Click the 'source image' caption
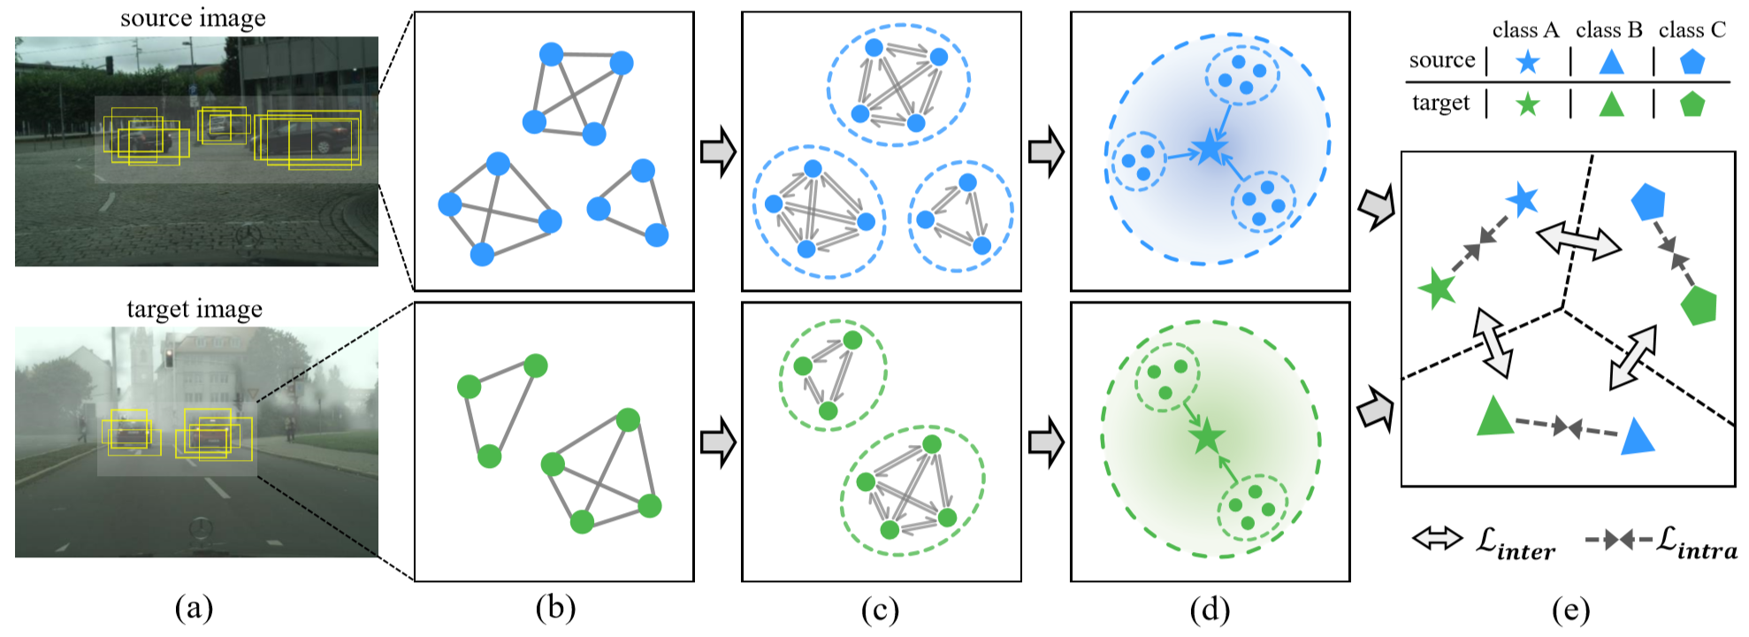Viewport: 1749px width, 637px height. tap(193, 19)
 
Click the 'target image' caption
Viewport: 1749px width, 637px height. tap(195, 309)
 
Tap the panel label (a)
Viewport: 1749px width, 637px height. tap(195, 608)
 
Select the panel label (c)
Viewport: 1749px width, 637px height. tap(881, 610)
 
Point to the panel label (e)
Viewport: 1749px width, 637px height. tap(1570, 610)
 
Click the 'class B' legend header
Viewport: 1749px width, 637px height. tap(1608, 30)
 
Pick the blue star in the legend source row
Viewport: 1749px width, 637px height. tap(1527, 62)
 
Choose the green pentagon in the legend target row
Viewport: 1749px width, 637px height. tap(1692, 104)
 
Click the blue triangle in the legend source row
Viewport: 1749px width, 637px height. tap(1611, 61)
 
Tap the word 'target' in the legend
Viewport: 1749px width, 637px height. tap(1440, 104)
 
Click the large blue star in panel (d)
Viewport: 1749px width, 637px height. tap(1209, 150)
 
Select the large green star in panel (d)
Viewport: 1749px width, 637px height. tap(1206, 436)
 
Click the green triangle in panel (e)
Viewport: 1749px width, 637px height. tap(1494, 417)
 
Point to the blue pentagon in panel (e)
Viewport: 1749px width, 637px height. tap(1648, 202)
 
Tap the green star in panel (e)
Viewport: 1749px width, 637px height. tap(1437, 288)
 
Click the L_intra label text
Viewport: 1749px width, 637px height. tap(1696, 542)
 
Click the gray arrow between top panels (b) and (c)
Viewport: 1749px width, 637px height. tap(718, 151)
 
